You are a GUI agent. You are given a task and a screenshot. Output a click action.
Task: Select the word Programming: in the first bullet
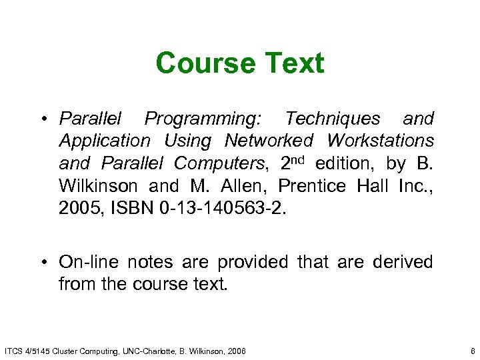click(204, 119)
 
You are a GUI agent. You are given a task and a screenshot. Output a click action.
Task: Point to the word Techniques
click(332, 119)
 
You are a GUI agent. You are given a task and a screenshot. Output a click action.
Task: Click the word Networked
click(269, 141)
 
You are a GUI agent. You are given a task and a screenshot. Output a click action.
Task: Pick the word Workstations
click(380, 141)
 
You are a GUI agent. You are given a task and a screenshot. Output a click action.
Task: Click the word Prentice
click(312, 185)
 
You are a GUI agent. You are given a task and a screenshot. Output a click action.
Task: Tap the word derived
click(402, 262)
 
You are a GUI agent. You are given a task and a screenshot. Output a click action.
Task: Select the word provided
click(247, 262)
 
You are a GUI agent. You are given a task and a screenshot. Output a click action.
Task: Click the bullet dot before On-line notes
click(43, 262)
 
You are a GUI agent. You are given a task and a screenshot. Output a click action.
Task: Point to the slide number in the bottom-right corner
click(471, 350)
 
